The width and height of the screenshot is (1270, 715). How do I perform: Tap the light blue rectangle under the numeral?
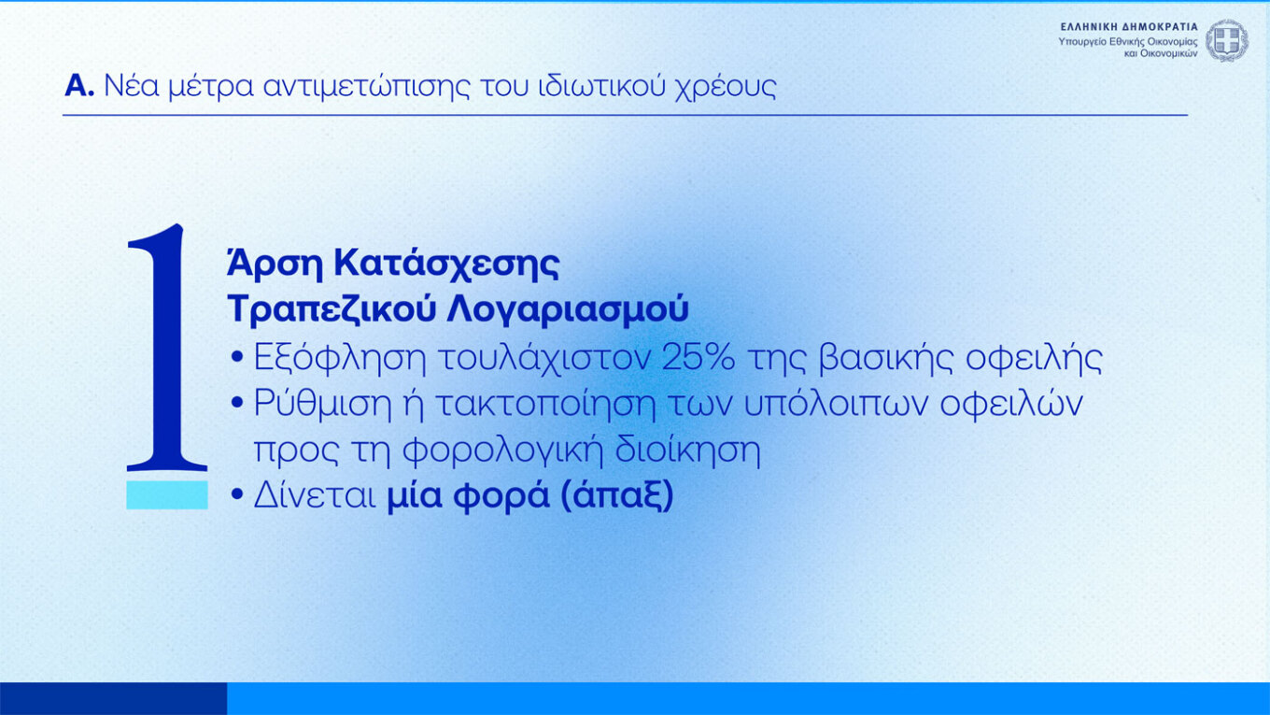167,496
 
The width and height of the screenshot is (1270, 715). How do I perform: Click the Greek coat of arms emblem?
1226,40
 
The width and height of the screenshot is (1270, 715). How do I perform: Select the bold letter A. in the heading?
79,87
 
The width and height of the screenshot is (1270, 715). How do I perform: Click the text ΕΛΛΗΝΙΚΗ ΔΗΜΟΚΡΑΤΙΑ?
1129,27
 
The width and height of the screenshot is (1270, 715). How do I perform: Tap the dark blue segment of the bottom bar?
113,698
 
